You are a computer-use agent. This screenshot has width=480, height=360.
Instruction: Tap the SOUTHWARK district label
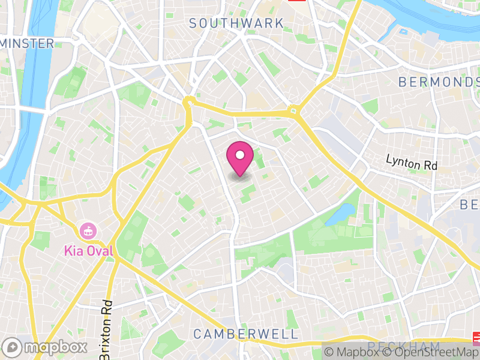click(x=236, y=23)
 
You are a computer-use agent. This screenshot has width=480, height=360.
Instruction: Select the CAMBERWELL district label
click(x=245, y=334)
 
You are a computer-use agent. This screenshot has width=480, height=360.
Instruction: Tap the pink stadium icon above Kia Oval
click(x=88, y=230)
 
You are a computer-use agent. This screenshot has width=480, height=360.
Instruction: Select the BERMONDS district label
click(x=439, y=82)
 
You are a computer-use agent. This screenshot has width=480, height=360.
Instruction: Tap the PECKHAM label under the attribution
click(x=403, y=346)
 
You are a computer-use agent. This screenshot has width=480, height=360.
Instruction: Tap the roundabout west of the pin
click(x=190, y=102)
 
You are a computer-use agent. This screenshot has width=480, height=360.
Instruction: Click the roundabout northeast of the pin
click(x=293, y=110)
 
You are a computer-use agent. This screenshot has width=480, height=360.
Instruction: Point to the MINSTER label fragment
click(x=27, y=43)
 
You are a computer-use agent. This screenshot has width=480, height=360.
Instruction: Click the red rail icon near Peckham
click(x=476, y=337)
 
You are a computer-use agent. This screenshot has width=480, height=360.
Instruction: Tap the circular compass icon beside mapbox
click(x=11, y=347)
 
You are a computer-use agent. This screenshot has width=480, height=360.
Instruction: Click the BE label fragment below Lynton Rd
click(x=469, y=205)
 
